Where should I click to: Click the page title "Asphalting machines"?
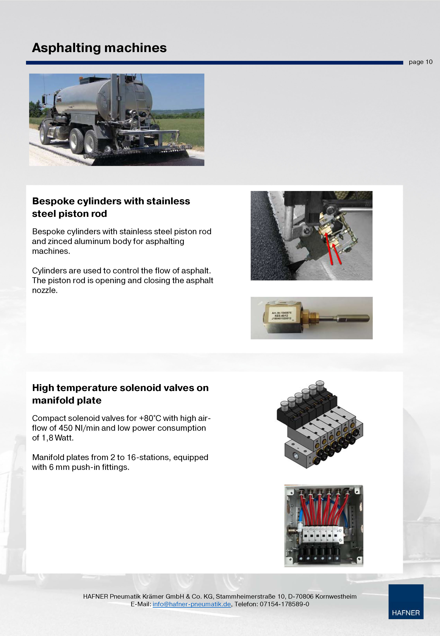point(99,48)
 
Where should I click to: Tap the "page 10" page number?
point(420,62)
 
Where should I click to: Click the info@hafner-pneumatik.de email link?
point(192,604)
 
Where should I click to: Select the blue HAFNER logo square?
point(406,602)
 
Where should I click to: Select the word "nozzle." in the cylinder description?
point(45,290)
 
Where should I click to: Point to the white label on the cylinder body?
point(281,315)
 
